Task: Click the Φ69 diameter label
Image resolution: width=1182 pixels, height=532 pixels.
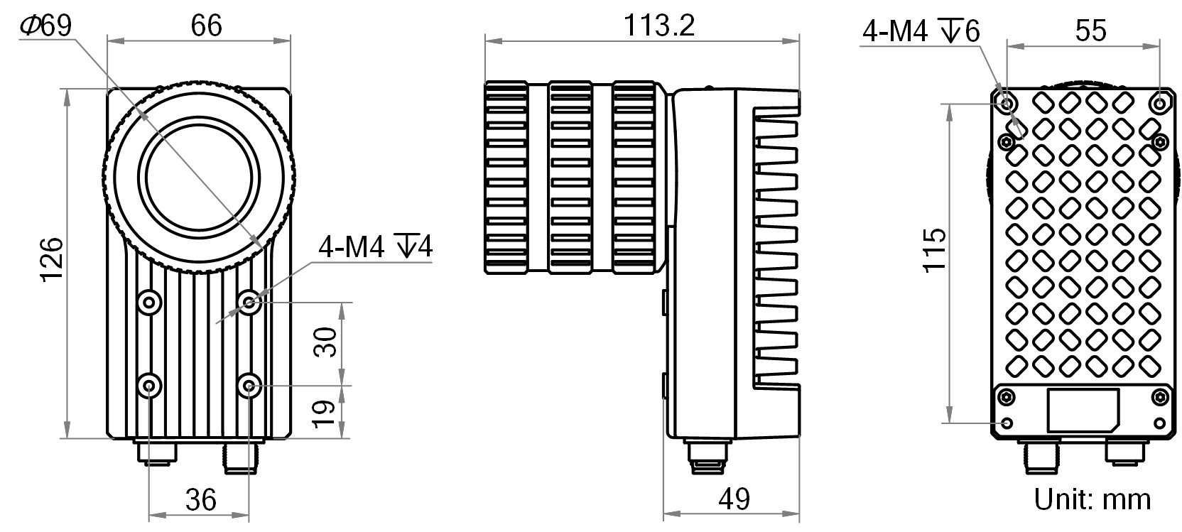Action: coord(46,26)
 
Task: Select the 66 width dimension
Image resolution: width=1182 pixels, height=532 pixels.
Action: coord(206,26)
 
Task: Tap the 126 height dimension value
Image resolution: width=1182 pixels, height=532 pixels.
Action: coord(53,259)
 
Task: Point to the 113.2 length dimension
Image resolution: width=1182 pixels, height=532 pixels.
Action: coord(658,26)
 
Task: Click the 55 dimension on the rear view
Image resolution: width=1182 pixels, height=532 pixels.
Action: coord(1090,31)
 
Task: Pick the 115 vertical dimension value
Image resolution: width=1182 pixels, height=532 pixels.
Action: coord(936,249)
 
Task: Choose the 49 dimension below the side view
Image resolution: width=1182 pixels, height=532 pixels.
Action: coord(734,499)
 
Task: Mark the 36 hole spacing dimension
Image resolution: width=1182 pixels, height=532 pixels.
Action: coord(200,499)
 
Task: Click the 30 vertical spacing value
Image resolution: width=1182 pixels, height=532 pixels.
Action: coord(325,342)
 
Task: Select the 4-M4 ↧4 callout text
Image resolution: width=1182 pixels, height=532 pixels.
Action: coord(375,247)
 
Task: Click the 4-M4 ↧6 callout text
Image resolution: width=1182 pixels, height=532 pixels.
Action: coord(921,31)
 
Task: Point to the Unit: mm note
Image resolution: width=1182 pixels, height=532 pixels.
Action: coord(1092,499)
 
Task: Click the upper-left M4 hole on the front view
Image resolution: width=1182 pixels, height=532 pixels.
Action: coord(149,303)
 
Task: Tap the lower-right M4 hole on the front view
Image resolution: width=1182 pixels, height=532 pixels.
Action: coord(249,386)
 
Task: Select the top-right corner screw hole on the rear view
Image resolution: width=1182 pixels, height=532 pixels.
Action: coord(1159,103)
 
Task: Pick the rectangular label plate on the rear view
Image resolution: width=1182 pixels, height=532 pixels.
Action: coord(1084,410)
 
